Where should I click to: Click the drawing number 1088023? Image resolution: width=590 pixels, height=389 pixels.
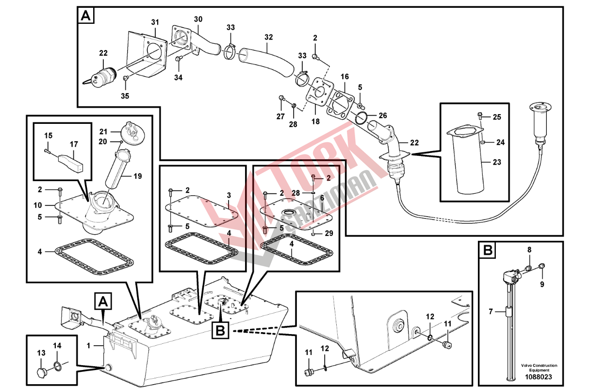(539, 377)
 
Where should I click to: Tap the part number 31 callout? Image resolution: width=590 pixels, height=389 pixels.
(155, 22)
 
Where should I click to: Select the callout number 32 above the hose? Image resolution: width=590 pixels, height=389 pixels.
(269, 37)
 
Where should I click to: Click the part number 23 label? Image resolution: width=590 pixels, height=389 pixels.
(497, 162)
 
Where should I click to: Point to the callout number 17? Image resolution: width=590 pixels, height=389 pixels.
(74, 144)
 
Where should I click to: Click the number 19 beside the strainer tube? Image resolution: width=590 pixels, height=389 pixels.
(138, 176)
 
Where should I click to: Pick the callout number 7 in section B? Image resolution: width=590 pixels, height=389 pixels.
(491, 311)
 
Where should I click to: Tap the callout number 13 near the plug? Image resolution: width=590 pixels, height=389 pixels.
(41, 353)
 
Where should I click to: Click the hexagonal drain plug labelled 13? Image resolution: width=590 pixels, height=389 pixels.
(42, 372)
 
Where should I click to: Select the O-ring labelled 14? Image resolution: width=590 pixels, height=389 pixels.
(58, 366)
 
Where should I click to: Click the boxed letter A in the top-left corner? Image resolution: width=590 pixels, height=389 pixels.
(85, 16)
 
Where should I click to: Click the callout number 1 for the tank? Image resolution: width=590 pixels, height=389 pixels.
(88, 346)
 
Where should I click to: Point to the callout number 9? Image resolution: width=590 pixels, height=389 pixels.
(542, 284)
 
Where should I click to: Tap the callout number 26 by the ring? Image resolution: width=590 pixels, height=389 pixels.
(383, 116)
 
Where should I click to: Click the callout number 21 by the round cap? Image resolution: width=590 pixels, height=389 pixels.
(103, 132)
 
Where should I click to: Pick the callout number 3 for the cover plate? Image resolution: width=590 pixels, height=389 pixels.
(228, 195)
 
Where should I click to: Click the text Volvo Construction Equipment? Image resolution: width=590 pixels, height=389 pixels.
(539, 367)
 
